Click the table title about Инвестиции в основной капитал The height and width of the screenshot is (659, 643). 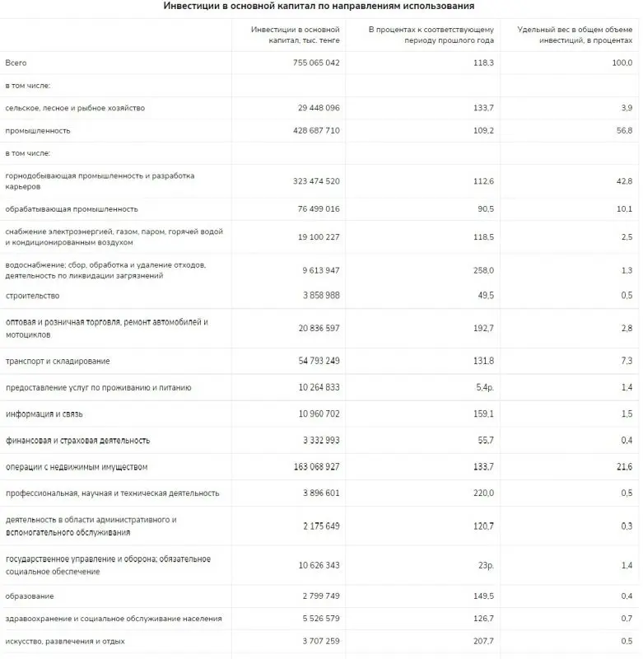tap(319, 7)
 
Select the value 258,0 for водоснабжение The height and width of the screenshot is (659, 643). tap(482, 270)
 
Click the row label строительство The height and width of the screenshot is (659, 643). tap(32, 296)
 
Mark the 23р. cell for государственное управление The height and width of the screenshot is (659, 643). tap(483, 566)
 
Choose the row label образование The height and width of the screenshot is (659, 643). tap(30, 596)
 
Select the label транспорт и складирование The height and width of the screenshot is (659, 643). tap(58, 362)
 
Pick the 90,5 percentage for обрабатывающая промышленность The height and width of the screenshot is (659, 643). tap(483, 209)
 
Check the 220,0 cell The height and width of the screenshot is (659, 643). tap(482, 493)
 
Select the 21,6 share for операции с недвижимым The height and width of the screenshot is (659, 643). tap(623, 467)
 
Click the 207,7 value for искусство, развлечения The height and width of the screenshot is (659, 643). tap(482, 641)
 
